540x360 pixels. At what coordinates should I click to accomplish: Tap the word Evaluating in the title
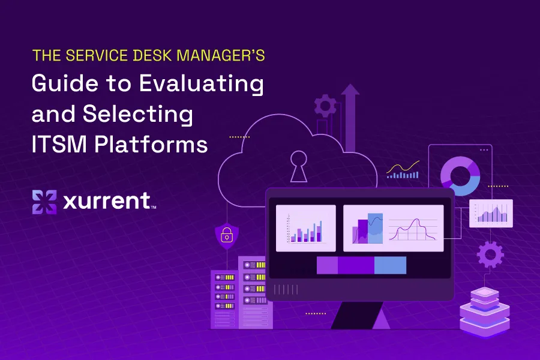point(202,84)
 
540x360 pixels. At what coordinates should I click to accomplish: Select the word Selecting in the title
point(138,113)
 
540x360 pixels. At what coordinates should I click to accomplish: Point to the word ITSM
point(59,144)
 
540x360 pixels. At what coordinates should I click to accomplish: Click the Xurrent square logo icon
point(44,202)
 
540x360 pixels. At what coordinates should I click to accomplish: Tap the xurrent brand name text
point(107,201)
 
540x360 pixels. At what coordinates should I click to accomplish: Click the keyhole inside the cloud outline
point(298,166)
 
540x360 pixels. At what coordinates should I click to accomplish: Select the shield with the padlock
point(227,236)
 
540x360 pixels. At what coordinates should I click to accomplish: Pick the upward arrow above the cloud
point(350,118)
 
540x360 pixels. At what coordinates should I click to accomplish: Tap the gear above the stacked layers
point(490,254)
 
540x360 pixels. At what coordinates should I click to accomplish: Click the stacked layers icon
point(485,313)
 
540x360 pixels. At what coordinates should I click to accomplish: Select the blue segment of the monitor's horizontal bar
point(390,266)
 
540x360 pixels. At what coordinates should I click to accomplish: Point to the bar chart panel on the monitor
point(306,228)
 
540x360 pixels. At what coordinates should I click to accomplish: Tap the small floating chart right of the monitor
point(491,213)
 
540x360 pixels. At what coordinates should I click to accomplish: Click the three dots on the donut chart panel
point(484,150)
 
